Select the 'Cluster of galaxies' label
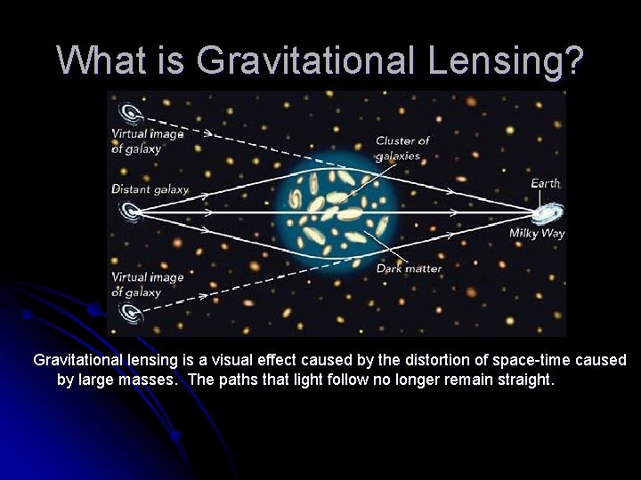pyautogui.click(x=402, y=148)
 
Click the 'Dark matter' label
pyautogui.click(x=409, y=268)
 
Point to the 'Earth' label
pyautogui.click(x=545, y=183)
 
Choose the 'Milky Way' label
pyautogui.click(x=537, y=234)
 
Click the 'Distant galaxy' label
pyautogui.click(x=150, y=189)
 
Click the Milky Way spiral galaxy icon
pyautogui.click(x=547, y=213)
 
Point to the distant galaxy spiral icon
pyautogui.click(x=130, y=212)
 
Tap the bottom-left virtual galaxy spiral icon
pyautogui.click(x=130, y=312)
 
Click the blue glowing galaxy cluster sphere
pyautogui.click(x=337, y=213)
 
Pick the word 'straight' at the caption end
pyautogui.click(x=524, y=380)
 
